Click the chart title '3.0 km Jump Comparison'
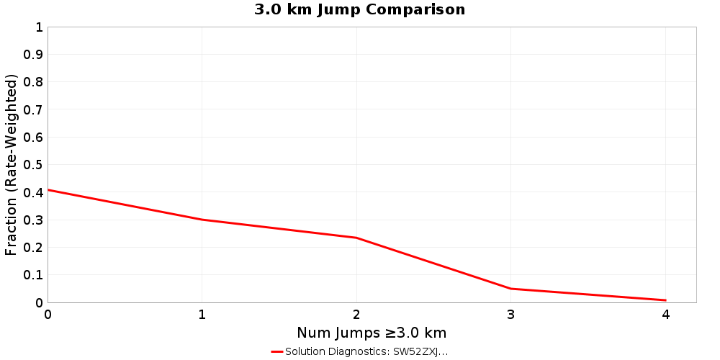coord(360,10)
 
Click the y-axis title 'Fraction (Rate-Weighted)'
coord(11,165)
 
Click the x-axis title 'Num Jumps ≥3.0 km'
coord(372,333)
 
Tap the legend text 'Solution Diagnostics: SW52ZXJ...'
coord(366,351)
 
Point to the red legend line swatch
coord(277,351)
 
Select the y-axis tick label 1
coord(39,27)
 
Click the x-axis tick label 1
coord(202,315)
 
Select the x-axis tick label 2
coord(356,315)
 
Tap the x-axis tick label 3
coord(511,315)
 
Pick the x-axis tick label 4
coord(665,315)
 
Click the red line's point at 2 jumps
coord(356,238)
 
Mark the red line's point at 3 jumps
coord(511,289)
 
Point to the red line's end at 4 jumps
coord(665,300)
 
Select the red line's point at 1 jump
coord(202,220)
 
